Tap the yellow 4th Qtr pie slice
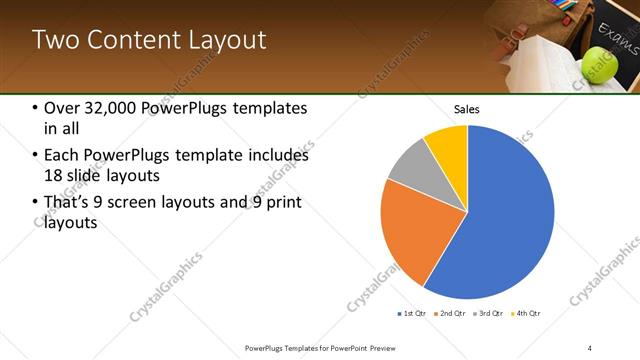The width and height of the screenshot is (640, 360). point(447,146)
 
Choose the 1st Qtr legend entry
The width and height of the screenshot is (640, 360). point(413,314)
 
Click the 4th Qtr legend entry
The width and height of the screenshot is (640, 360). point(527,314)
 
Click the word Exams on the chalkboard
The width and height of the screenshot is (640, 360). point(619,41)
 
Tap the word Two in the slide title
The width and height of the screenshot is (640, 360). point(52,40)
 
